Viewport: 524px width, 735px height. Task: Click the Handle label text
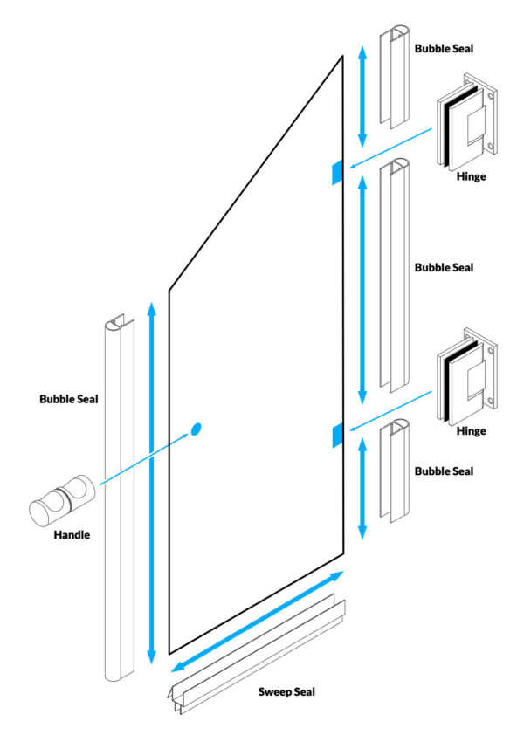[72, 533]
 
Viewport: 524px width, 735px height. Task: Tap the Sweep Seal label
[286, 691]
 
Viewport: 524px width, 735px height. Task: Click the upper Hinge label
[472, 175]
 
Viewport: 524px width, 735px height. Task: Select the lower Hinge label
[472, 431]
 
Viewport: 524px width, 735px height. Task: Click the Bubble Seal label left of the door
[68, 400]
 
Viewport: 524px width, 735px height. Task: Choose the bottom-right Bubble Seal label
[444, 471]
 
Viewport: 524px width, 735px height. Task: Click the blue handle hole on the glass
[196, 429]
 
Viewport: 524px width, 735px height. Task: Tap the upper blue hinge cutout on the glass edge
[336, 173]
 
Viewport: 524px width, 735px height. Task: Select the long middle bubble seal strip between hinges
[395, 275]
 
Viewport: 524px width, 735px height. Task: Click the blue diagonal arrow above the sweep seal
[257, 621]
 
